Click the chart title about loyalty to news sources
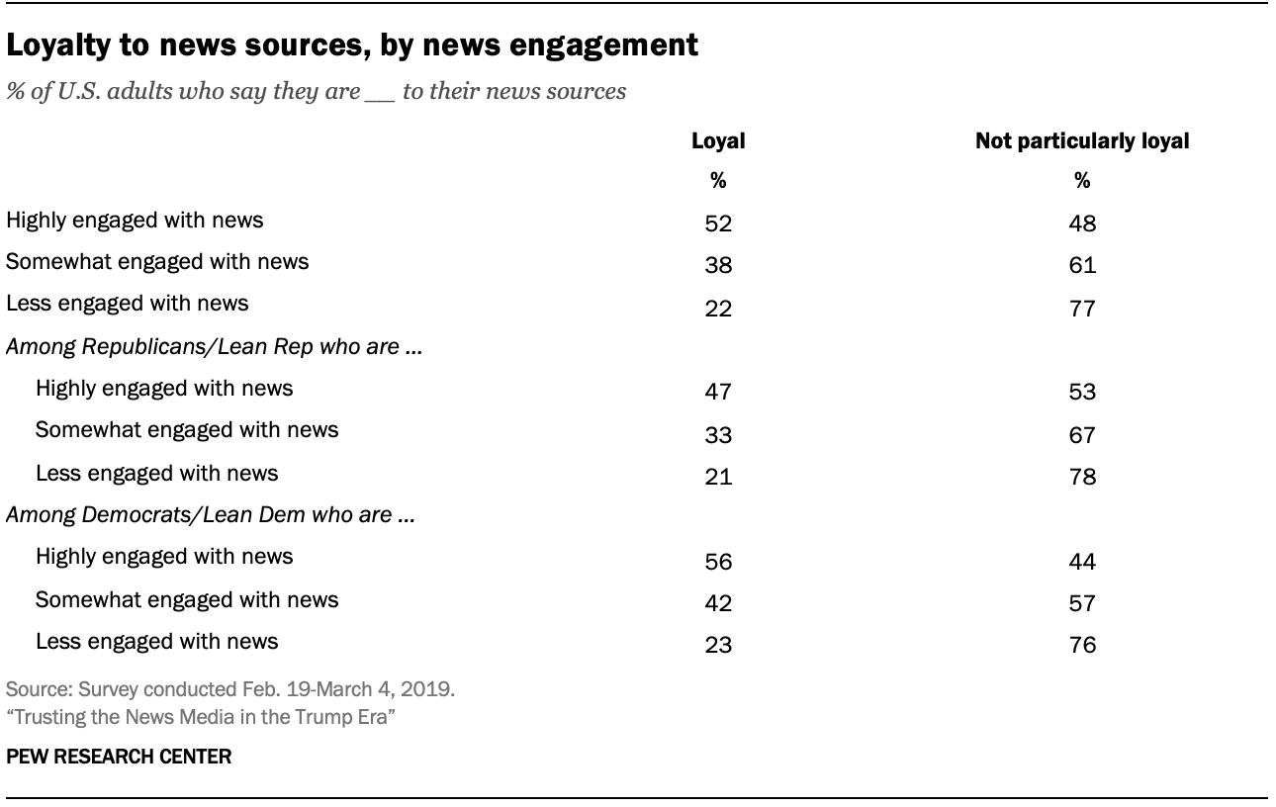[352, 45]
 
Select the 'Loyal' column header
[717, 141]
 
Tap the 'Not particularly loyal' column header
[1082, 141]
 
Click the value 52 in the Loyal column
[717, 224]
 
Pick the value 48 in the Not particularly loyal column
[1082, 224]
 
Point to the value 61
[1082, 266]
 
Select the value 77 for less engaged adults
[1082, 309]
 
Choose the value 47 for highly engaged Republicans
[717, 392]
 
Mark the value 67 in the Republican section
[1082, 434]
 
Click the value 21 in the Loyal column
[717, 477]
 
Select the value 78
[1082, 477]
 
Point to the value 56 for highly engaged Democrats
[717, 561]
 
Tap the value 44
[1082, 561]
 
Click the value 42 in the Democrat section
[717, 603]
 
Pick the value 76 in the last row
[1082, 646]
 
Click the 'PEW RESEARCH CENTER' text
[119, 758]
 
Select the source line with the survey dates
[230, 689]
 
